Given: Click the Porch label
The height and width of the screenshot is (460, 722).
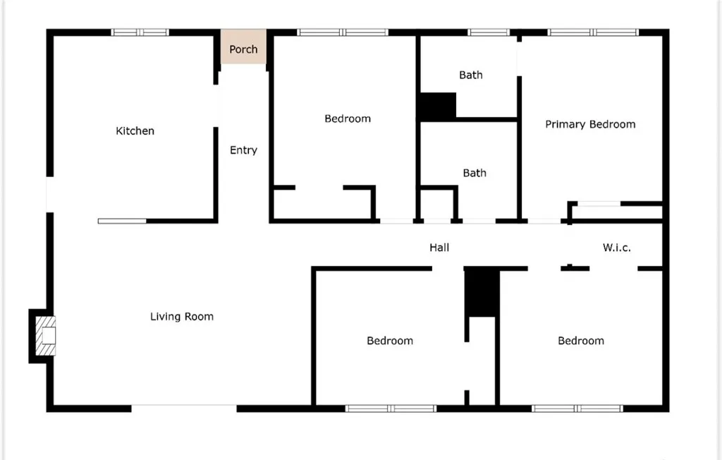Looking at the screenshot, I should [x=243, y=49].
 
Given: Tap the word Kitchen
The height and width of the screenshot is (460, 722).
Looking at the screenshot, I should [x=135, y=131].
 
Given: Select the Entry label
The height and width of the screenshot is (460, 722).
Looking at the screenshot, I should [x=243, y=150].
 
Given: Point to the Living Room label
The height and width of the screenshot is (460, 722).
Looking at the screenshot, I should [x=182, y=317].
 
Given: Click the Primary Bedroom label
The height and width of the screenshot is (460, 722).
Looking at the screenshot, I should [x=590, y=124].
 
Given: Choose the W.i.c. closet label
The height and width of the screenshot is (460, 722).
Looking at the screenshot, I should [x=616, y=248].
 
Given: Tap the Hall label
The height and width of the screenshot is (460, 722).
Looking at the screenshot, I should [x=439, y=248].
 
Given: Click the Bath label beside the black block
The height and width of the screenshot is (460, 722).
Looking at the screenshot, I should [x=471, y=75].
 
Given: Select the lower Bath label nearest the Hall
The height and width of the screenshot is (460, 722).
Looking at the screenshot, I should [x=475, y=173].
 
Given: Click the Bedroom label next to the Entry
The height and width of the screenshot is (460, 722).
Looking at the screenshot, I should [x=348, y=119].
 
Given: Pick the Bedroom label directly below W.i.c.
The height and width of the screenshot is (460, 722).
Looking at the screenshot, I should [x=581, y=341].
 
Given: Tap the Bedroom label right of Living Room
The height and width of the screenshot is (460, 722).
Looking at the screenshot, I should [x=390, y=341].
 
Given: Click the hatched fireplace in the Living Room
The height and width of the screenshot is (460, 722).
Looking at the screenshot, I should [x=47, y=336].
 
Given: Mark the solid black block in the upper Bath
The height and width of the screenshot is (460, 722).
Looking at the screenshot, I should [x=438, y=106].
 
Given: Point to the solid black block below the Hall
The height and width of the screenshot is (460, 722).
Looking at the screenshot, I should [x=482, y=292].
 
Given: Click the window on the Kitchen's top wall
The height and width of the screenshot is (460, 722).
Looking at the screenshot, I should [x=140, y=32].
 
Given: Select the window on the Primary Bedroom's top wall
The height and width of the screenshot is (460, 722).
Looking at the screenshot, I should [x=593, y=32].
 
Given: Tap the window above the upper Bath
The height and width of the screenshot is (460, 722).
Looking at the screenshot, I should [x=489, y=32].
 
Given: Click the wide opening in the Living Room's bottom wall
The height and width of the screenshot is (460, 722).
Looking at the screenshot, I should [x=184, y=408].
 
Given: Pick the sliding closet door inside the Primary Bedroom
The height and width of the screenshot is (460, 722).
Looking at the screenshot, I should [x=599, y=204].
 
